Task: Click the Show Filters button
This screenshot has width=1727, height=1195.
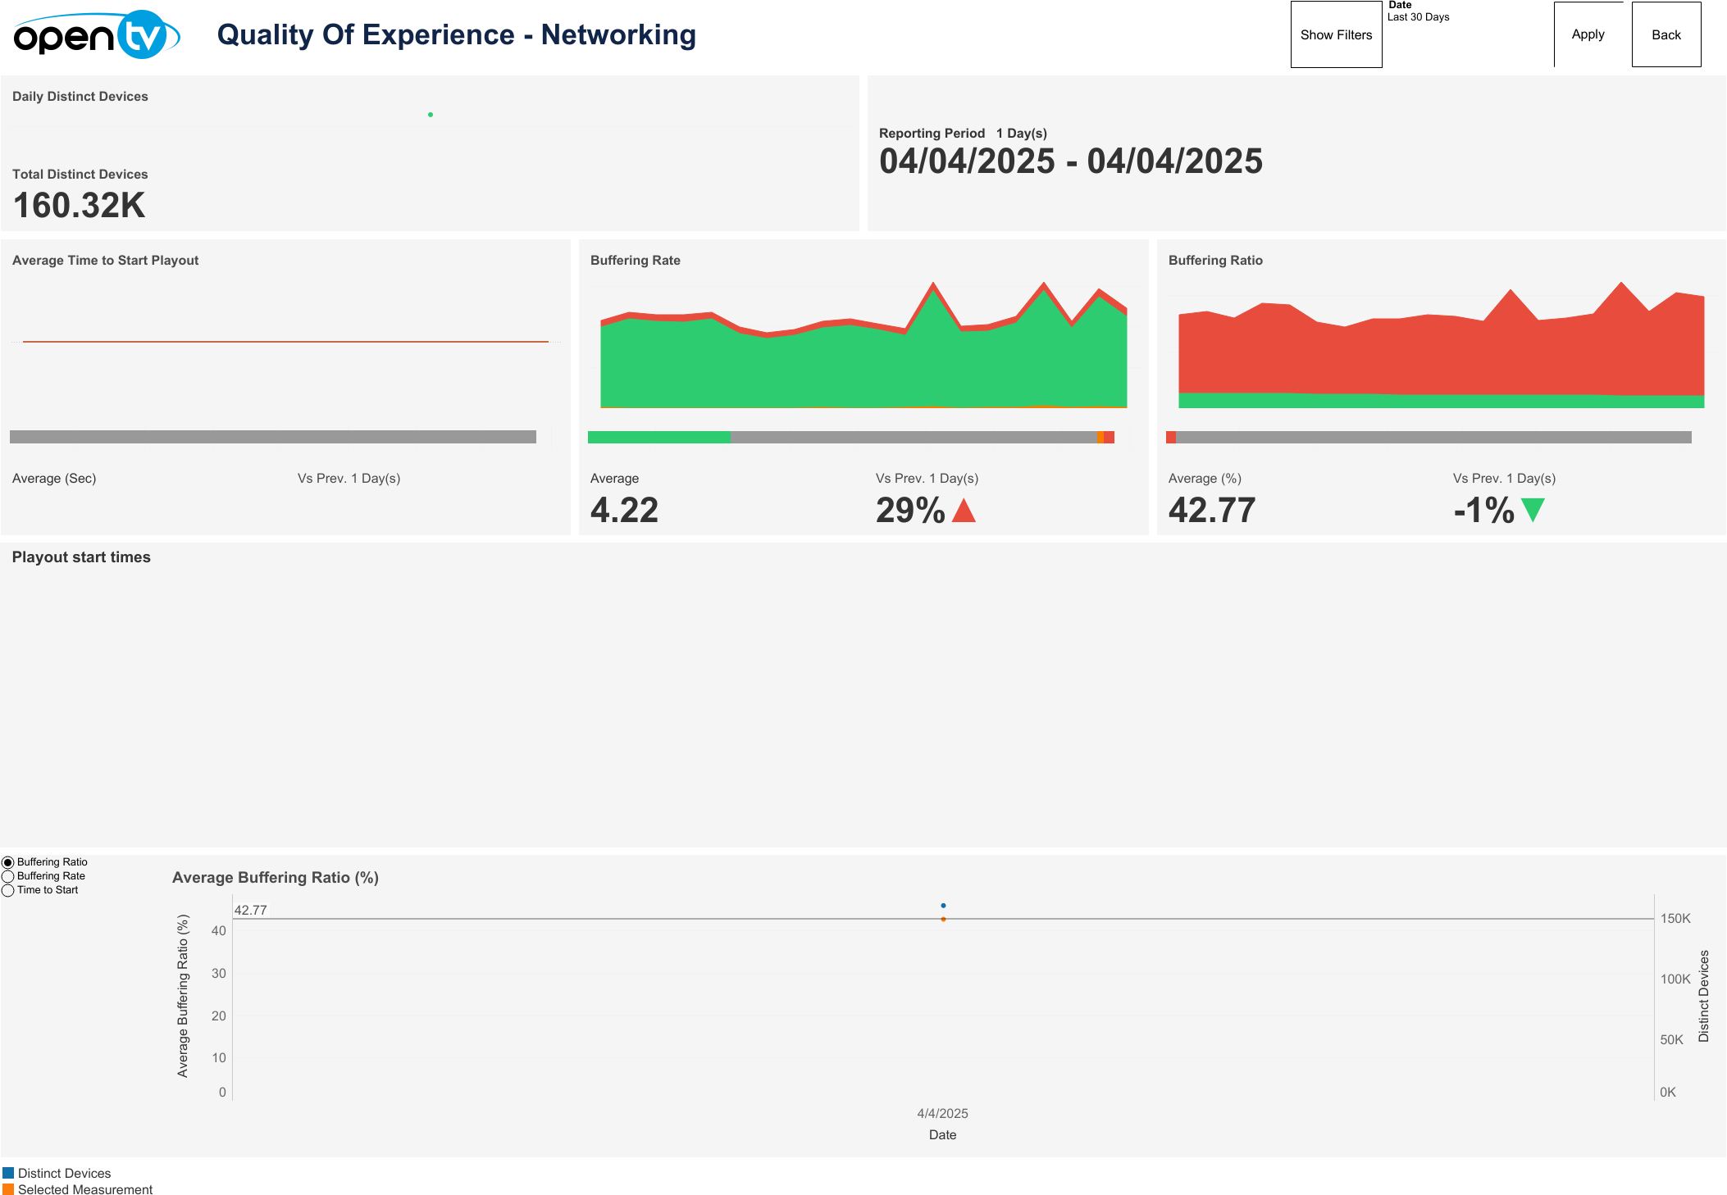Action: (1336, 35)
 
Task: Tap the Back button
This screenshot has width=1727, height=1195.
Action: (1665, 35)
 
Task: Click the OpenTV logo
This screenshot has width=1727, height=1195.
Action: (97, 35)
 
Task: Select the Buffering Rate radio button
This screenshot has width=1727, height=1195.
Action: (8, 876)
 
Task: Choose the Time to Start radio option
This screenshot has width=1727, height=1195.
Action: (8, 890)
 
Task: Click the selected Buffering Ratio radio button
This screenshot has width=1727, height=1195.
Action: (8, 862)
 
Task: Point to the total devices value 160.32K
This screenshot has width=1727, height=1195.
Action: (80, 206)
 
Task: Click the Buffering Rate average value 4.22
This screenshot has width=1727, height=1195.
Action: (624, 511)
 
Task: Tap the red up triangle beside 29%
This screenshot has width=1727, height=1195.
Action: (964, 511)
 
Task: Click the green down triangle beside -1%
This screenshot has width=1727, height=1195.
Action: (1532, 510)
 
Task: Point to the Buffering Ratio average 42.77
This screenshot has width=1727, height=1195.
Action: (1211, 511)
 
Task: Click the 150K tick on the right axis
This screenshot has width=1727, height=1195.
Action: (1675, 919)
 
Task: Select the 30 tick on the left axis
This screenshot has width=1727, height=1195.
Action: (219, 974)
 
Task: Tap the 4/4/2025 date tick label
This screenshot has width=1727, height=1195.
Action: (942, 1114)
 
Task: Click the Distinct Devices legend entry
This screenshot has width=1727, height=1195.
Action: (64, 1174)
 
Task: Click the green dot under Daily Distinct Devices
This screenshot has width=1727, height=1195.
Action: (431, 115)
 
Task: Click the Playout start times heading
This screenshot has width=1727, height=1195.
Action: (81, 557)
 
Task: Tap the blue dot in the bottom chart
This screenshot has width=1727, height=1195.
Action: (943, 906)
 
